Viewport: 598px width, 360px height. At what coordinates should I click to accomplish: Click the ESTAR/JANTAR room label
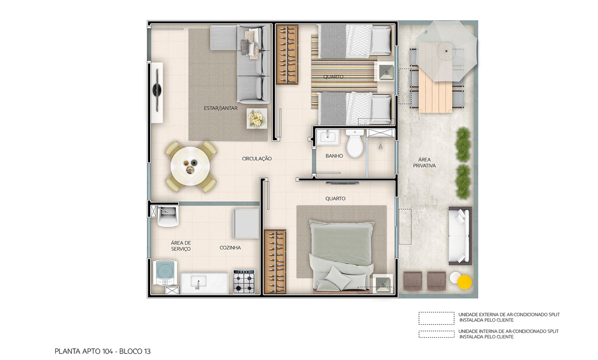pos(220,108)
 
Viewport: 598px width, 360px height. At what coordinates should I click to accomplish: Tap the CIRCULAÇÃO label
pos(257,159)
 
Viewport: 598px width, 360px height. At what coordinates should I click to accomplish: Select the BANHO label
pos(334,156)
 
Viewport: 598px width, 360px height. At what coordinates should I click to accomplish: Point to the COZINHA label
pos(230,247)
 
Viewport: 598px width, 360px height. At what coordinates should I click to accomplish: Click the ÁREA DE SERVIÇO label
pos(181,245)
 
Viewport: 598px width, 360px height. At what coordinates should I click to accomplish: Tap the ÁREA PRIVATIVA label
pos(424,162)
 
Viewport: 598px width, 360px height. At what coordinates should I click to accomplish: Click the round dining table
pos(190,167)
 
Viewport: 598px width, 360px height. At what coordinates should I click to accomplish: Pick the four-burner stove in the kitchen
pos(244,282)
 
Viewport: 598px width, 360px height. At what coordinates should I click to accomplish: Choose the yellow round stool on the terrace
pos(464,282)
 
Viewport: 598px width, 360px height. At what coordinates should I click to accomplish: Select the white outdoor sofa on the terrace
pos(459,235)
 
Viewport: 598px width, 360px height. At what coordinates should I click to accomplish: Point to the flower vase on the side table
pos(257,118)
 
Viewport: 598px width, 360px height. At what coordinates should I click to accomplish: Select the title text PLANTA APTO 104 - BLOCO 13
pos(102,351)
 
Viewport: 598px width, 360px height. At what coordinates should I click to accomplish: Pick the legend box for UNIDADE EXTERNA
pos(436,318)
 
